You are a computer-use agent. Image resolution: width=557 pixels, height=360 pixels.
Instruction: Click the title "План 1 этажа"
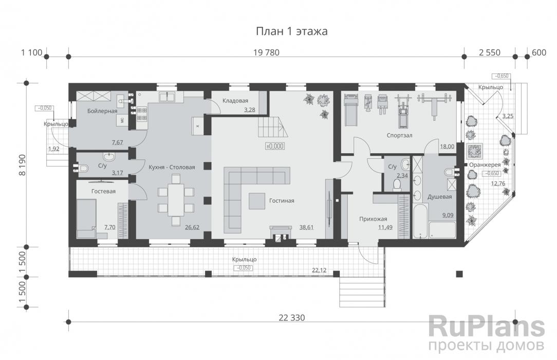[x=292, y=31]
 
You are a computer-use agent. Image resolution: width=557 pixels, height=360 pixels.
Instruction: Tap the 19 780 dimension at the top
[x=266, y=52]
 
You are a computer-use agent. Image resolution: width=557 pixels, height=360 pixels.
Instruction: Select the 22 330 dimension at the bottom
[x=292, y=318]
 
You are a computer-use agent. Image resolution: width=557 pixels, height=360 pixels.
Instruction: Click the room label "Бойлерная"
[x=102, y=111]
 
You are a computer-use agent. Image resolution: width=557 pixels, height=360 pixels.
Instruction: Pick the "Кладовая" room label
[x=235, y=101]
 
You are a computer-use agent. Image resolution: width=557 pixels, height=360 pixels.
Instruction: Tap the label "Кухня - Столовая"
[x=172, y=167]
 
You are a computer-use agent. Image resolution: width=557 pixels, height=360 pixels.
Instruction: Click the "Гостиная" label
[x=282, y=201]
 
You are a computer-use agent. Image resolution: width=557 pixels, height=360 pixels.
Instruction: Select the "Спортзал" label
[x=400, y=135]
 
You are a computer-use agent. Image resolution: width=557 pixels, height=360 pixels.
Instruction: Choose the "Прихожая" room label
[x=373, y=219]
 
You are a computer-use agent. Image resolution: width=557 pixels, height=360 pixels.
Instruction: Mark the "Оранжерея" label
[x=485, y=165]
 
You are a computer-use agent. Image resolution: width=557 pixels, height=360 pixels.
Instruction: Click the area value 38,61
[x=306, y=227]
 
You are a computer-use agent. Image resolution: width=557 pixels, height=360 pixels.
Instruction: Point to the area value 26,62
[x=192, y=227]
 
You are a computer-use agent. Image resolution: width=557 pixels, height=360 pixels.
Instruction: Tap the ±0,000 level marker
[x=275, y=146]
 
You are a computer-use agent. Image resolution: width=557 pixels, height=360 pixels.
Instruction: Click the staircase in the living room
[x=272, y=128]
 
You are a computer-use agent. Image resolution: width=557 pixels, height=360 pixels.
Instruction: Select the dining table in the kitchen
[x=176, y=200]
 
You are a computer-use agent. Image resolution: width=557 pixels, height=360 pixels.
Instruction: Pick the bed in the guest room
[x=86, y=218]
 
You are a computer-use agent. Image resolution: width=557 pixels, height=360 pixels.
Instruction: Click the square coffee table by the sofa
[x=257, y=201]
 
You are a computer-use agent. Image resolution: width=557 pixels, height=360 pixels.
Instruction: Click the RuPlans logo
[x=486, y=327]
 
